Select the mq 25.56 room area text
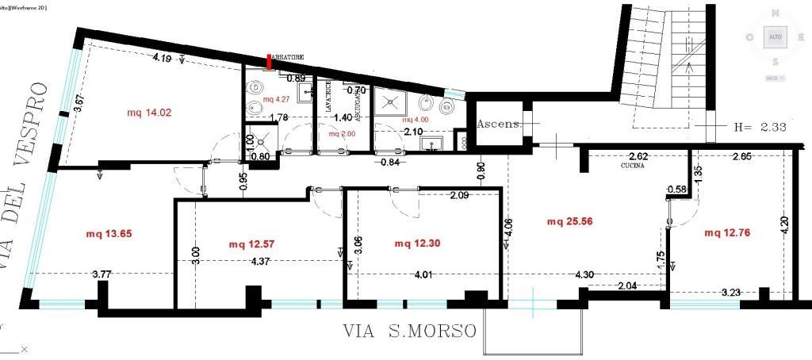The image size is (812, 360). [569, 222]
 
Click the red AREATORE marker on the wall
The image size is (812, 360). [270, 63]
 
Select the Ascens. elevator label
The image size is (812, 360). [498, 124]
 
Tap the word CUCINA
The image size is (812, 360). [635, 167]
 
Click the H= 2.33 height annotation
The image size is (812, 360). [757, 126]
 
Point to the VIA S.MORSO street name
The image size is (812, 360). [411, 330]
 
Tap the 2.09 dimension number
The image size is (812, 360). [460, 195]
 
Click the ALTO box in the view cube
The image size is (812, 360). [774, 37]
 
